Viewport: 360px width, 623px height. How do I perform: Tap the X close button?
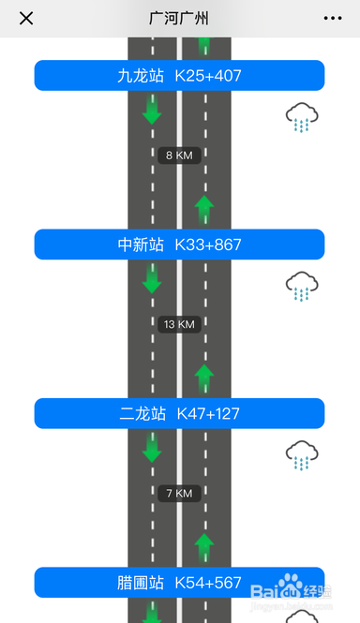click(x=26, y=19)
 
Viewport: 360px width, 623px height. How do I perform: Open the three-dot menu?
click(x=333, y=19)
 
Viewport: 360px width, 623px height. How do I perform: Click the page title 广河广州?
click(x=179, y=19)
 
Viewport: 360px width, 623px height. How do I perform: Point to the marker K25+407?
click(x=208, y=76)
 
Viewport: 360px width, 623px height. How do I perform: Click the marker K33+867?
click(x=208, y=245)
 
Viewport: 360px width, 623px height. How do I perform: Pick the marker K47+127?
click(x=208, y=413)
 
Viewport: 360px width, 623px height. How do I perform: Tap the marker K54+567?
click(x=208, y=583)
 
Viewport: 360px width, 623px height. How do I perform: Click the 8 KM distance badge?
click(x=179, y=156)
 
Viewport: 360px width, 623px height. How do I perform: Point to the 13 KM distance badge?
click(x=179, y=324)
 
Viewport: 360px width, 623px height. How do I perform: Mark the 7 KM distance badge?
click(x=179, y=493)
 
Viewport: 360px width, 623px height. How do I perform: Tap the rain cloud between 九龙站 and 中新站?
click(x=302, y=119)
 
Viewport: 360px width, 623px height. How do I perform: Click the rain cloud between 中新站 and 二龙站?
click(x=302, y=287)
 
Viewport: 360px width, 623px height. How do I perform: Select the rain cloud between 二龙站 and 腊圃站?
click(x=302, y=455)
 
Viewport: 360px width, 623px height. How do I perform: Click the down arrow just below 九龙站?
click(x=152, y=110)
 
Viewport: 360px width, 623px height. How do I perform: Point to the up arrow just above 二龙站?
click(x=204, y=378)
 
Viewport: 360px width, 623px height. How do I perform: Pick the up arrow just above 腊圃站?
click(x=204, y=546)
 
